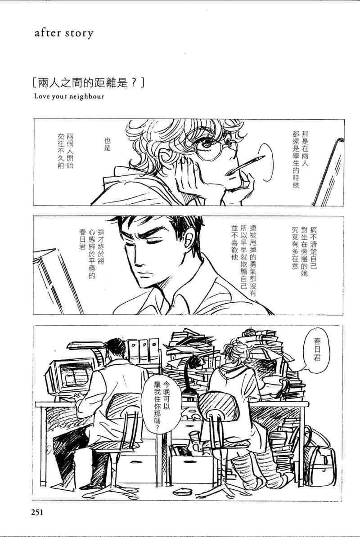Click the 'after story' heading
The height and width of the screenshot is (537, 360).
[64, 34]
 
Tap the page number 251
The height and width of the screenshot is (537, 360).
[38, 512]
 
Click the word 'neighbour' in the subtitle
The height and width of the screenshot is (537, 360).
[87, 96]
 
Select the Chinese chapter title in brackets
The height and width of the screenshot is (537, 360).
[87, 83]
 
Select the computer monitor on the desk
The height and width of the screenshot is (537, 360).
[72, 374]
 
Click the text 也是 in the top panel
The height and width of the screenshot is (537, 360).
[107, 144]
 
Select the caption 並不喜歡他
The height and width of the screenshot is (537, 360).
[234, 242]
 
